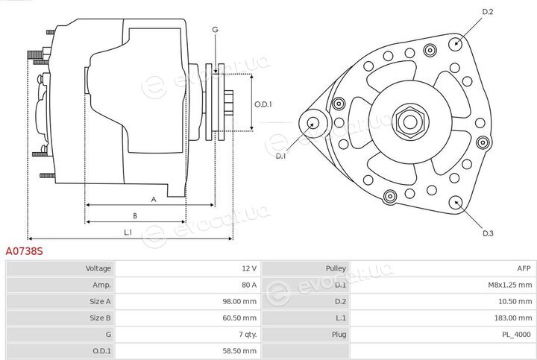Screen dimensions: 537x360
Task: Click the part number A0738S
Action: pos(25,251)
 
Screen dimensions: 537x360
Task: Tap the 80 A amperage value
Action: pos(248,285)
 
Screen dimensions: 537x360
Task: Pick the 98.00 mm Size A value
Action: pos(239,301)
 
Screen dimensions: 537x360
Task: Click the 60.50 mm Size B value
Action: pos(239,318)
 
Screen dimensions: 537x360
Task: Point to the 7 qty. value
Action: pos(248,334)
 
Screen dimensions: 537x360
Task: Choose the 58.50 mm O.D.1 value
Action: pos(239,351)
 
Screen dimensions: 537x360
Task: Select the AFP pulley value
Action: pos(524,268)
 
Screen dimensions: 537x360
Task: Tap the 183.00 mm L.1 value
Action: pos(513,318)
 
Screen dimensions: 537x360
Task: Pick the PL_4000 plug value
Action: pos(516,334)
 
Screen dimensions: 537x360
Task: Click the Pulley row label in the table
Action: pos(336,268)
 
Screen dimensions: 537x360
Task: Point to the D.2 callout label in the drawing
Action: pos(487,12)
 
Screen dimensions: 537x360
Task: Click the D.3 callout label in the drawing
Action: pos(488,233)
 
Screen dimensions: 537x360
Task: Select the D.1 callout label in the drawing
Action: pos(280,156)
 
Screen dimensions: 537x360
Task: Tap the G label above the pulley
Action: pos(215,29)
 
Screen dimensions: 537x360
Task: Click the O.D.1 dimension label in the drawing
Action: pos(263,104)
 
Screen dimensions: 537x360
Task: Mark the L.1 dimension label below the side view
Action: pos(128,233)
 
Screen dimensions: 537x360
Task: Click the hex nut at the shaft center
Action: pos(410,121)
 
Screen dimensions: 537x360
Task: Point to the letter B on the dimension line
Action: pos(135,215)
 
